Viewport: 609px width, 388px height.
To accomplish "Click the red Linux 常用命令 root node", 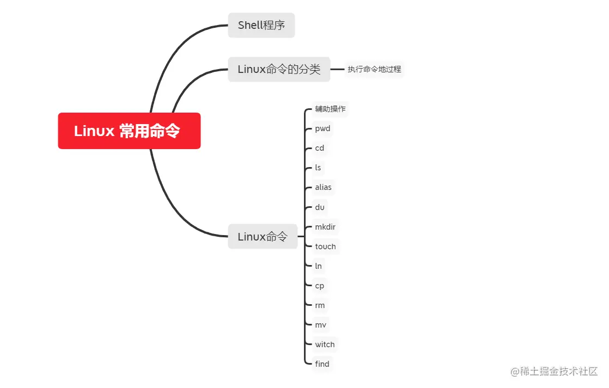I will pos(129,131).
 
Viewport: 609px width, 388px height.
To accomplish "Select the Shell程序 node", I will pos(261,25).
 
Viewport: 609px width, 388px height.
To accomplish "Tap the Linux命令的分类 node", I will pos(279,70).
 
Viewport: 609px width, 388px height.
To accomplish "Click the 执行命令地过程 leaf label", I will pos(374,70).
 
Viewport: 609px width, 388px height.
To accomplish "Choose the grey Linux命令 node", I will pos(263,237).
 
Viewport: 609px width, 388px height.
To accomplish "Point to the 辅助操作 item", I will pos(330,109).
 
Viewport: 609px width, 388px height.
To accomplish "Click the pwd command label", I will pos(322,129).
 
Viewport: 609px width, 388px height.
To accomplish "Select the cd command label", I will pos(320,148).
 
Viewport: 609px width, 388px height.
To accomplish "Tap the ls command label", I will pos(318,168).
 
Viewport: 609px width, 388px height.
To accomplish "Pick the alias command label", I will pos(323,187).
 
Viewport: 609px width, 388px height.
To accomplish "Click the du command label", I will pos(320,207).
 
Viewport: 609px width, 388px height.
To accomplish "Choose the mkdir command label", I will pos(325,227).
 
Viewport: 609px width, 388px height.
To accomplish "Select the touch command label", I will pos(325,247).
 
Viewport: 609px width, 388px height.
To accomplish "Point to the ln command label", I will pos(319,266).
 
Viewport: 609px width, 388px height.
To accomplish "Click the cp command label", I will pos(320,286).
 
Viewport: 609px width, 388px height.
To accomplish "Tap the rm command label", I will pos(320,305).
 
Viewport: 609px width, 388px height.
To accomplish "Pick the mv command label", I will pos(321,325).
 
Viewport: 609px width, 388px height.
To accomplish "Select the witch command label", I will pos(325,344).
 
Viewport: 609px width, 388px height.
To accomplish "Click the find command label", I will pos(322,364).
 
